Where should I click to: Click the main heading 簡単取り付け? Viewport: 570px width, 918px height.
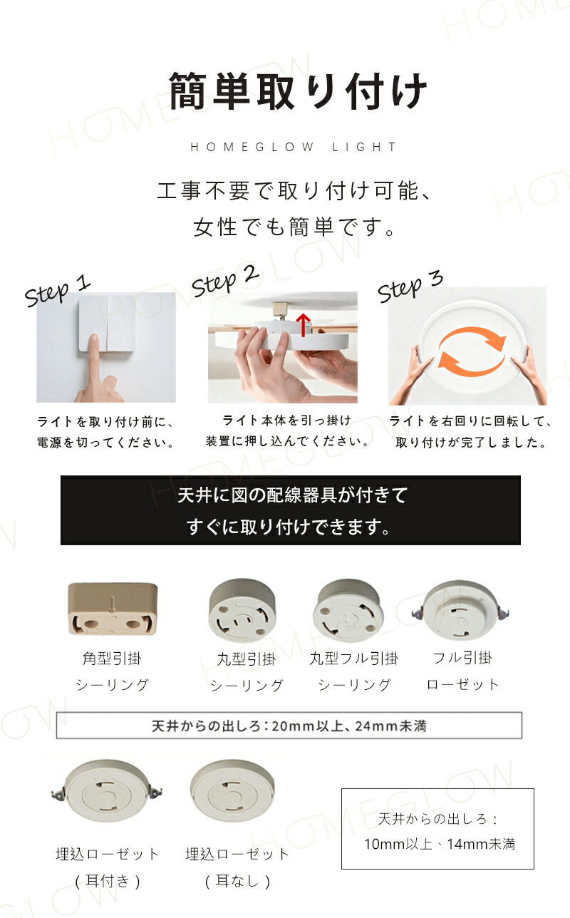pos(298,91)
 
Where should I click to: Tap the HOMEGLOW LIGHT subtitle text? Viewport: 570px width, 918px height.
pos(294,147)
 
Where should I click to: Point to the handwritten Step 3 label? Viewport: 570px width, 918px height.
pos(410,286)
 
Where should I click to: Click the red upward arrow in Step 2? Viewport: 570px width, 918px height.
pos(303,325)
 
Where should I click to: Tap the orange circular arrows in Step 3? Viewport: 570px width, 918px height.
pos(472,351)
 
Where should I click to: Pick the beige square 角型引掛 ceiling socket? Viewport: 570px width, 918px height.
pos(113,609)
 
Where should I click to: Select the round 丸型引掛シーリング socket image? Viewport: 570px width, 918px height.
pos(242,610)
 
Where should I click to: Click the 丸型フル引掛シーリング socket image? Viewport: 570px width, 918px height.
pos(348,610)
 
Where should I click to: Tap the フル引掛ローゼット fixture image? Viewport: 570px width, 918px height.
pos(460,609)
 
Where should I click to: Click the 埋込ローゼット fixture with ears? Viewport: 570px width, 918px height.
pos(107,791)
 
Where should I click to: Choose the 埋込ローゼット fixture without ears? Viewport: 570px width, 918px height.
pos(232,790)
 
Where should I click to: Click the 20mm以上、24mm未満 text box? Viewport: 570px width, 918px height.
pos(289,726)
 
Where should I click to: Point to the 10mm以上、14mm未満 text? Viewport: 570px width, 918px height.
pos(440,844)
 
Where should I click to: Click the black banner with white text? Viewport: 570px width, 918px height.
pos(291,510)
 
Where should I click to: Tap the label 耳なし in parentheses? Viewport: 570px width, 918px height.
pos(237,881)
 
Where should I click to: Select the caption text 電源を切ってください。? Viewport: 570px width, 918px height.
pos(106,443)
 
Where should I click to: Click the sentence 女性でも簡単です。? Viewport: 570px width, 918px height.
pos(294,227)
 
